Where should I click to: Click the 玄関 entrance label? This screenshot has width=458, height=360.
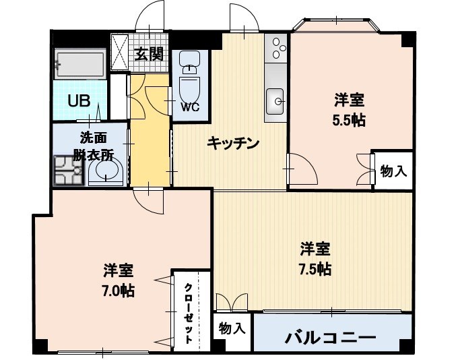pos(149,54)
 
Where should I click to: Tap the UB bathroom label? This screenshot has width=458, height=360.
pos(79,103)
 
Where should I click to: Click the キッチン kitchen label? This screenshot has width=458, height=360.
pos(232,143)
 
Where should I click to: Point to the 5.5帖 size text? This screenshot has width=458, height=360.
pos(350,121)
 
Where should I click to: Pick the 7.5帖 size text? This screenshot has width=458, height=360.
pos(315,269)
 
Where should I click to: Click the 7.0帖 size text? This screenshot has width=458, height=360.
pos(118,291)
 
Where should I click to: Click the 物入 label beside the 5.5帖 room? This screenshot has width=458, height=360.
pos(393,171)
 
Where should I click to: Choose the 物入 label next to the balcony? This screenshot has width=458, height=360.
pos(232,330)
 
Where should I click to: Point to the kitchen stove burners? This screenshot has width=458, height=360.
pos(277,49)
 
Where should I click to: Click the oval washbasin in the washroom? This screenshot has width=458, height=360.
pos(106,173)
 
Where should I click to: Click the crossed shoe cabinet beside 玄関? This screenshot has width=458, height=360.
pos(121,51)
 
